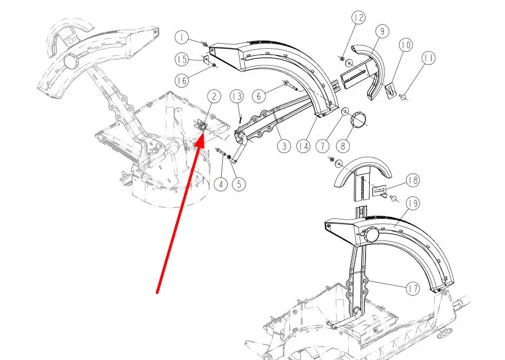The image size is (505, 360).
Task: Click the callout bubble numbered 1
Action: (182, 38)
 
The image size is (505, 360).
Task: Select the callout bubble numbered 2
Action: (214, 97)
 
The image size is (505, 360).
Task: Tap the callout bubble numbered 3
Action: (284, 146)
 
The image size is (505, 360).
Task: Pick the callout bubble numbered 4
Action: (221, 184)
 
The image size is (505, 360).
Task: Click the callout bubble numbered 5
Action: (238, 184)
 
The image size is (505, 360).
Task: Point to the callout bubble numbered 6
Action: (259, 96)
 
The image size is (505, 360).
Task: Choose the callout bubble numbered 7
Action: (322, 146)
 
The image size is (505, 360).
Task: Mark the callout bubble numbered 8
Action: (343, 146)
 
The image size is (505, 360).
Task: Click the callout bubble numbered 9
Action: (382, 31)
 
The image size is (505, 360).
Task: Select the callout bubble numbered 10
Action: (406, 45)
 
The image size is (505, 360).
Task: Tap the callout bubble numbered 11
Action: (428, 58)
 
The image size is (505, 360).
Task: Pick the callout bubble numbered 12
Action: (358, 17)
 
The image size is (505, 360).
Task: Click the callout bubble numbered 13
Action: (237, 96)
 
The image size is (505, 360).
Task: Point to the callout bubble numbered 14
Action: (303, 146)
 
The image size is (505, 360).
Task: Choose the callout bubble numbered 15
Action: (182, 59)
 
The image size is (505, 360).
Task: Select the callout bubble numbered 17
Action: (413, 289)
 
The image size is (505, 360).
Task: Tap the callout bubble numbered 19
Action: (413, 203)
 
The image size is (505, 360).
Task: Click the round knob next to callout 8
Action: (358, 120)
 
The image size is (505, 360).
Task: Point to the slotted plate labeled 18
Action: (379, 191)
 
